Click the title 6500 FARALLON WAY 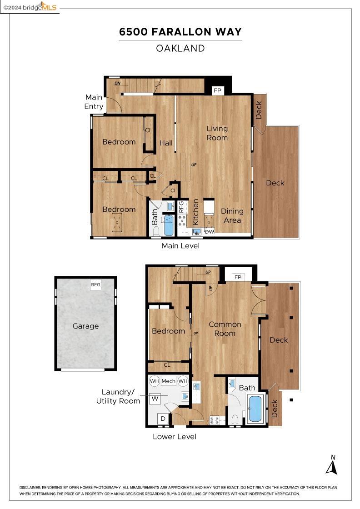pos(180,32)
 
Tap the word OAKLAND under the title pos(180,48)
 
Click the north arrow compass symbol pos(332,465)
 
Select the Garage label pos(85,326)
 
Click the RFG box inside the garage pos(96,284)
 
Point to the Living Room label pos(217,133)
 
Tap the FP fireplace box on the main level pos(217,90)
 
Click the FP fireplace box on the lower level pos(238,277)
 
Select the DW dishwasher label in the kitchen pos(210,231)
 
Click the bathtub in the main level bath pos(169,225)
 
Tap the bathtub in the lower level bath pos(255,408)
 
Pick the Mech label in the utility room pos(168,381)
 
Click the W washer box pos(155,398)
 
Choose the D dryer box pos(163,419)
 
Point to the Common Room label pos(225,329)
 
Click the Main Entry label pos(94,102)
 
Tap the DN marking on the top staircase pos(118,84)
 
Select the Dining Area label pos(232,215)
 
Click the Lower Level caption pos(175,437)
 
